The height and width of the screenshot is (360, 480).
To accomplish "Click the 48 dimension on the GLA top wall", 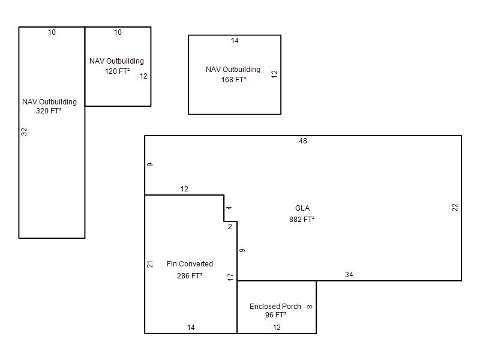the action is click(303, 141).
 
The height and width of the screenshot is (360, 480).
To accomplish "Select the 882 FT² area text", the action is click(302, 220).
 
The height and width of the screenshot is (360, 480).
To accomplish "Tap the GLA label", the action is click(302, 208).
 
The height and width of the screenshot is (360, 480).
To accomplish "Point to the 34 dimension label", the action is click(349, 275).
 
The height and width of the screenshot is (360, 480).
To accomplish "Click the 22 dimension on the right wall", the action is click(455, 208).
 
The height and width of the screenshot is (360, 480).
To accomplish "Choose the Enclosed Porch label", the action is click(275, 307).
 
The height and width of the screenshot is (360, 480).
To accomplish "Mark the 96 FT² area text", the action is click(276, 314).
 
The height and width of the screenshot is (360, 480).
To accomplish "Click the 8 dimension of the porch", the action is click(310, 307).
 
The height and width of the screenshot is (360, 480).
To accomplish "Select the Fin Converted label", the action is click(190, 264).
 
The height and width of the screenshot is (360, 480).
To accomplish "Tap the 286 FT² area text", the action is click(190, 276).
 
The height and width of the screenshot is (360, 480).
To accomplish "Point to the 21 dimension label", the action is click(149, 264).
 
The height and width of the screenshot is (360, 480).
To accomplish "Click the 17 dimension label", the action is click(230, 277).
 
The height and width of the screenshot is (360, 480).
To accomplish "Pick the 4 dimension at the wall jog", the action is click(229, 208).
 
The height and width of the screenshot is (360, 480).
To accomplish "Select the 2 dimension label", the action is click(230, 227).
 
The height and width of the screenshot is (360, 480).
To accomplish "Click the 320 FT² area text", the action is click(49, 111).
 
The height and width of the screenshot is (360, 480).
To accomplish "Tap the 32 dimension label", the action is click(24, 132).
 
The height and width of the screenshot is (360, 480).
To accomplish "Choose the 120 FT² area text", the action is click(117, 71).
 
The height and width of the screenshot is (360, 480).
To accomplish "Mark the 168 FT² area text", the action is click(233, 80).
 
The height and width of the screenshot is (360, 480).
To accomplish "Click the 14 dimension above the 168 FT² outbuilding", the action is click(235, 41).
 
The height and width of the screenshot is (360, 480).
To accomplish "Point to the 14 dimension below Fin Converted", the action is click(191, 328).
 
